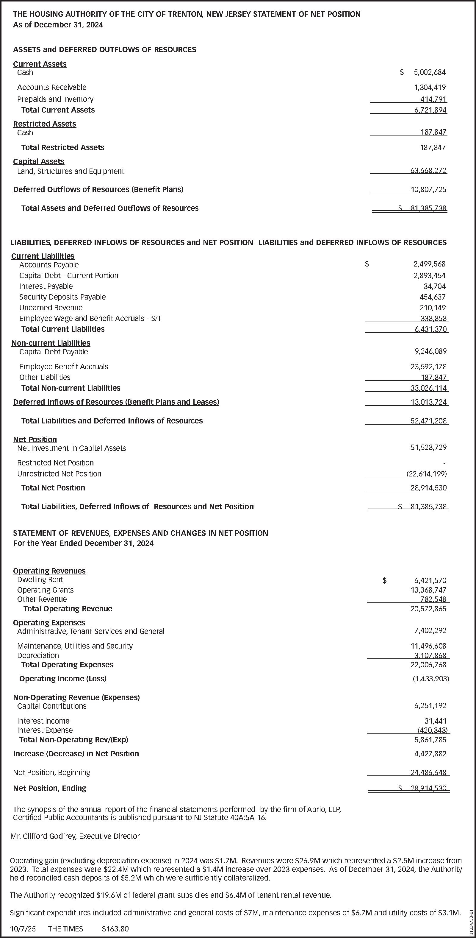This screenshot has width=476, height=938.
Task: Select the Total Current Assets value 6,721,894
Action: pyautogui.click(x=430, y=110)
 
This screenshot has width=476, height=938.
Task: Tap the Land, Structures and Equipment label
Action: pyautogui.click(x=71, y=171)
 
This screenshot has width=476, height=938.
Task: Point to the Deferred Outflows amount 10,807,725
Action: pyautogui.click(x=428, y=189)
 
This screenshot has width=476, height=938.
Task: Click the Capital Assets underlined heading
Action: pyautogui.click(x=39, y=161)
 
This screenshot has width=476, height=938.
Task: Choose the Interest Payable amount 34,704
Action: pyautogui.click(x=435, y=286)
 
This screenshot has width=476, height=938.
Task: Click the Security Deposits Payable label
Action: pyautogui.click(x=62, y=297)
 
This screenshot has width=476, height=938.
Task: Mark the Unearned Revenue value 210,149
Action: pyautogui.click(x=432, y=308)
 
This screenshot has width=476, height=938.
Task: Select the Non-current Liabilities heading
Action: pyautogui.click(x=51, y=343)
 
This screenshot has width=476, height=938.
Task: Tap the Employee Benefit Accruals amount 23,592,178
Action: pyautogui.click(x=428, y=367)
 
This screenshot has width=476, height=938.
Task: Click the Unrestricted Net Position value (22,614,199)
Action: pyautogui.click(x=427, y=474)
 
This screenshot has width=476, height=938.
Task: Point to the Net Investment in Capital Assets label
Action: pyautogui.click(x=71, y=448)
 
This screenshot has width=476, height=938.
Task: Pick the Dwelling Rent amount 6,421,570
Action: pyautogui.click(x=430, y=580)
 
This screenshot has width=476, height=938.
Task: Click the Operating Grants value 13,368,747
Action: pyautogui.click(x=428, y=590)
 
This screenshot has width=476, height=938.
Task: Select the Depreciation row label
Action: pyautogui.click(x=38, y=655)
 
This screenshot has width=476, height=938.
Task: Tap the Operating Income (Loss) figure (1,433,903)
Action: pyautogui.click(x=430, y=679)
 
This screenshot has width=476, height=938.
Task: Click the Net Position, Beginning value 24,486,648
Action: pyautogui.click(x=428, y=772)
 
